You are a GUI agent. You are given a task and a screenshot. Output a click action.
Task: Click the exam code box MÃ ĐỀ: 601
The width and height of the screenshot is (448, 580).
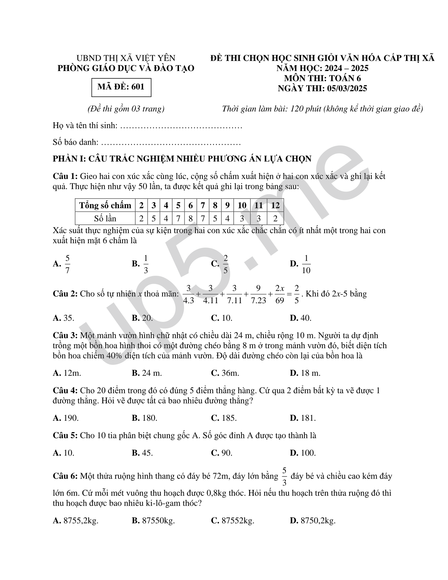click(x=121, y=87)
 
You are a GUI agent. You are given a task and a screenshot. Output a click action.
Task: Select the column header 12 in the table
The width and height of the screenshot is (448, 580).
click(x=275, y=205)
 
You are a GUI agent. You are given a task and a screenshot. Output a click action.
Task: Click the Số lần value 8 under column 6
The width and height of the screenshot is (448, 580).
click(x=190, y=219)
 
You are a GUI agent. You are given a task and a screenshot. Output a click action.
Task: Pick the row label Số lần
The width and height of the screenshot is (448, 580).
click(x=105, y=219)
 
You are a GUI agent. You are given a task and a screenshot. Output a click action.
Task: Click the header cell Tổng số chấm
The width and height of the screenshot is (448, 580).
click(x=105, y=205)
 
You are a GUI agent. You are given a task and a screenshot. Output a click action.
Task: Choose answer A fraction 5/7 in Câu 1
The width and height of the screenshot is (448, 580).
click(x=67, y=264)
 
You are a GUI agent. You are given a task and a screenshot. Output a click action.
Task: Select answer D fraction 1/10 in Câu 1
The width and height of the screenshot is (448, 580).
click(x=306, y=264)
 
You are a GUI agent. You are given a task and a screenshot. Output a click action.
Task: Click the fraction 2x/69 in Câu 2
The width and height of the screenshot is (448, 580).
click(x=280, y=294)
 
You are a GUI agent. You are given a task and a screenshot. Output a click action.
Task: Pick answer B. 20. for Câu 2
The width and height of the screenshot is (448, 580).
click(x=142, y=318)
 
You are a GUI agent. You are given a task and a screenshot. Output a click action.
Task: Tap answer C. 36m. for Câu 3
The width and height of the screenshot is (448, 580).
click(x=225, y=373)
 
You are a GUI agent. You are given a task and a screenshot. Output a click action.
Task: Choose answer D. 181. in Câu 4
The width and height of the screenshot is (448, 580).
click(x=303, y=418)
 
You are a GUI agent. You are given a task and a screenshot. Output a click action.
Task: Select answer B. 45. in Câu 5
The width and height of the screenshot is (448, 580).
click(x=142, y=453)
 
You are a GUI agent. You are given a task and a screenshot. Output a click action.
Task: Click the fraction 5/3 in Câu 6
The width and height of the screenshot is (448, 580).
click(x=284, y=476)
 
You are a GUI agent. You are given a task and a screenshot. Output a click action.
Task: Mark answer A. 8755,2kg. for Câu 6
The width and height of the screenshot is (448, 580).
click(x=76, y=521)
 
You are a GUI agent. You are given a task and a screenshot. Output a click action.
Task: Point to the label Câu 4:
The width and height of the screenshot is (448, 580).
click(x=65, y=391)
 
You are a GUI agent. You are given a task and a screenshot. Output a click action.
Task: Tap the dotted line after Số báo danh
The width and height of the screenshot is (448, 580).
click(x=170, y=142)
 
